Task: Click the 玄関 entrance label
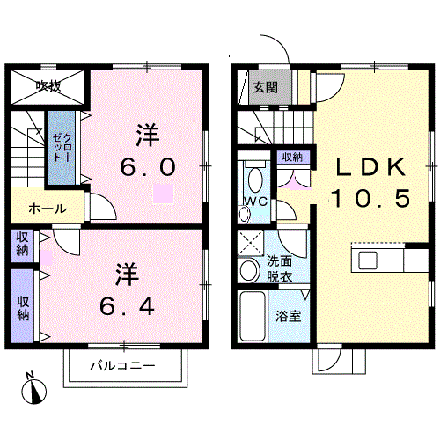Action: [266, 87]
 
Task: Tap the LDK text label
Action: [371, 167]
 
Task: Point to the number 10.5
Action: [371, 198]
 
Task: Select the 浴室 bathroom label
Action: [289, 316]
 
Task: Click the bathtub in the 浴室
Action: [253, 316]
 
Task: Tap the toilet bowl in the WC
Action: [255, 180]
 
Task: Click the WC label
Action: [256, 202]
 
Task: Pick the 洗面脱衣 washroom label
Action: [279, 269]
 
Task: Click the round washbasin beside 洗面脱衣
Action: [249, 270]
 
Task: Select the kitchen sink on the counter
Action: [368, 260]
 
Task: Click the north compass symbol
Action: [33, 389]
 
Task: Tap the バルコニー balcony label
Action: [122, 366]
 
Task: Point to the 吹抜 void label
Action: [48, 86]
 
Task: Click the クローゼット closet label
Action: [62, 148]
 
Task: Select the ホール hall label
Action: [48, 209]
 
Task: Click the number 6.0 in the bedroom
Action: [148, 167]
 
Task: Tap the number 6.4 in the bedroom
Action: [127, 306]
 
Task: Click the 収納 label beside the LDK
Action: [292, 158]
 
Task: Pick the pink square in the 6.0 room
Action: [163, 194]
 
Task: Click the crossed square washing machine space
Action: [250, 243]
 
